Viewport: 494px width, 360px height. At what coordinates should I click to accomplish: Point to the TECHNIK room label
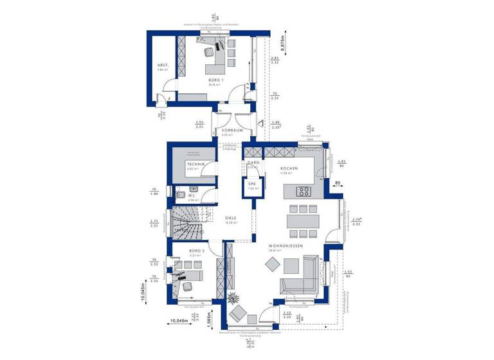click(196, 165)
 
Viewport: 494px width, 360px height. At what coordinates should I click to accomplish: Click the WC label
click(191, 195)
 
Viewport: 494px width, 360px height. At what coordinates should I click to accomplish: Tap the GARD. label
click(253, 163)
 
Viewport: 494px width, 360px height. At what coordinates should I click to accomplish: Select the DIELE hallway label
click(230, 219)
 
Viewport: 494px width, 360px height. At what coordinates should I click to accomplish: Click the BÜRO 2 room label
click(196, 250)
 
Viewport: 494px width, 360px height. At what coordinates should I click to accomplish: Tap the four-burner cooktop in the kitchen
click(303, 191)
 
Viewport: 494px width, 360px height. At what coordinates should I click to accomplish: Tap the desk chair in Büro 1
click(210, 54)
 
